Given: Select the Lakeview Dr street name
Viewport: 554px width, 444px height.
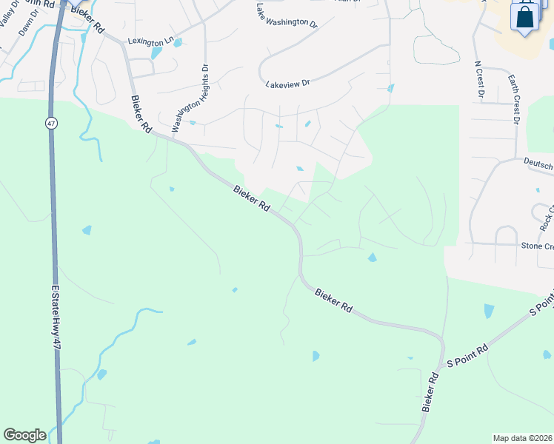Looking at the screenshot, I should pyautogui.click(x=287, y=84).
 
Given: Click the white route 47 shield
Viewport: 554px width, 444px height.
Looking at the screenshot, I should pyautogui.click(x=50, y=122).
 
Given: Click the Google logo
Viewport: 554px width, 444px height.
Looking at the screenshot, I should pyautogui.click(x=24, y=435).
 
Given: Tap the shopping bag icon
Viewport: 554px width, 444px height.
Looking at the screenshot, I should pyautogui.click(x=524, y=16).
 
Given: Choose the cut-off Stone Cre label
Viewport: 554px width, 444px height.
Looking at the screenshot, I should pyautogui.click(x=537, y=246).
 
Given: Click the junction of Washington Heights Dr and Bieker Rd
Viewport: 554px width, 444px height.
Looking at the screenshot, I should pyautogui.click(x=169, y=137).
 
